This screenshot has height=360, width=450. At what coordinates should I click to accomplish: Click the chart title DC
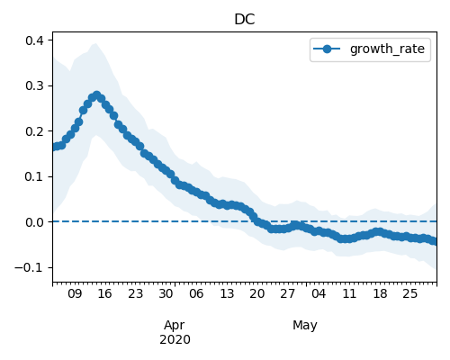(245, 20)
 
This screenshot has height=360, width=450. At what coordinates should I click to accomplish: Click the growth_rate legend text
(387, 49)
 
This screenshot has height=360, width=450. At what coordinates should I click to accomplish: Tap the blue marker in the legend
(327, 49)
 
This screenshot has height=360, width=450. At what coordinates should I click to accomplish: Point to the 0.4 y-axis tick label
(34, 40)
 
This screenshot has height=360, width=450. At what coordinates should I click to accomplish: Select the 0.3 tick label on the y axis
(34, 85)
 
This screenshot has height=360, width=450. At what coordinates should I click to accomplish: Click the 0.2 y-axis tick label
(34, 131)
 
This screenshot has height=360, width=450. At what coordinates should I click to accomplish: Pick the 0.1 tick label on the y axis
(34, 176)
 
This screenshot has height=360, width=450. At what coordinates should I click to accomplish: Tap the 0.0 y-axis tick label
(34, 222)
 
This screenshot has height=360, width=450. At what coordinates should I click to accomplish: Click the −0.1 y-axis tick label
(30, 267)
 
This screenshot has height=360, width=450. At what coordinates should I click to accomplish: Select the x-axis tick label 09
(75, 293)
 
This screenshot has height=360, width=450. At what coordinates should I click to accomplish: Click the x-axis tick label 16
(104, 293)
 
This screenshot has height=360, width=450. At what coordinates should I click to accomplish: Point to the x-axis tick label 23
(135, 293)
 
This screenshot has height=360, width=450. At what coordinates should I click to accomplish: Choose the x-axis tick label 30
(166, 293)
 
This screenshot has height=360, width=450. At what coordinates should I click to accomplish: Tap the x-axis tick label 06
(196, 293)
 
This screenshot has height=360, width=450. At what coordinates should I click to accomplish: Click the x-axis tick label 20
(257, 293)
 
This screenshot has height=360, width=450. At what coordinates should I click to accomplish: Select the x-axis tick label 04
(319, 293)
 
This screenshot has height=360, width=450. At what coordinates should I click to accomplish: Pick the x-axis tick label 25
(409, 293)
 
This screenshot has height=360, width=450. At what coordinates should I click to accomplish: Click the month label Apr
(175, 326)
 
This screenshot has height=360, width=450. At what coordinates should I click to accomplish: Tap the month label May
(305, 326)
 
